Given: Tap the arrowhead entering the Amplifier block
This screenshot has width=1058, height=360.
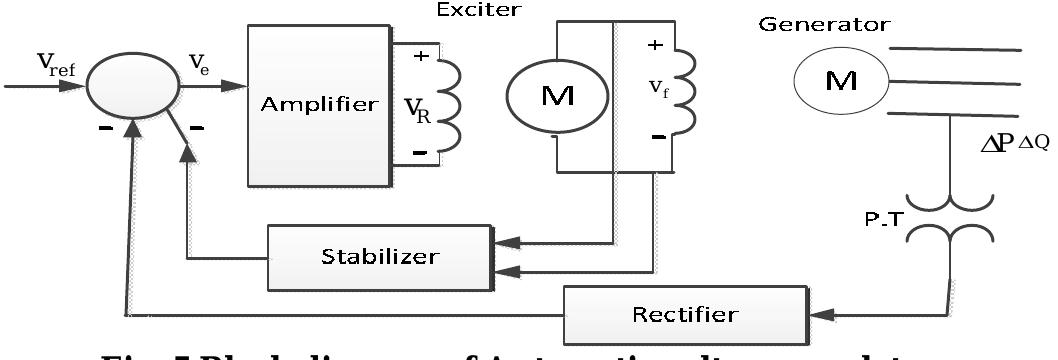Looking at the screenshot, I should (237, 88).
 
